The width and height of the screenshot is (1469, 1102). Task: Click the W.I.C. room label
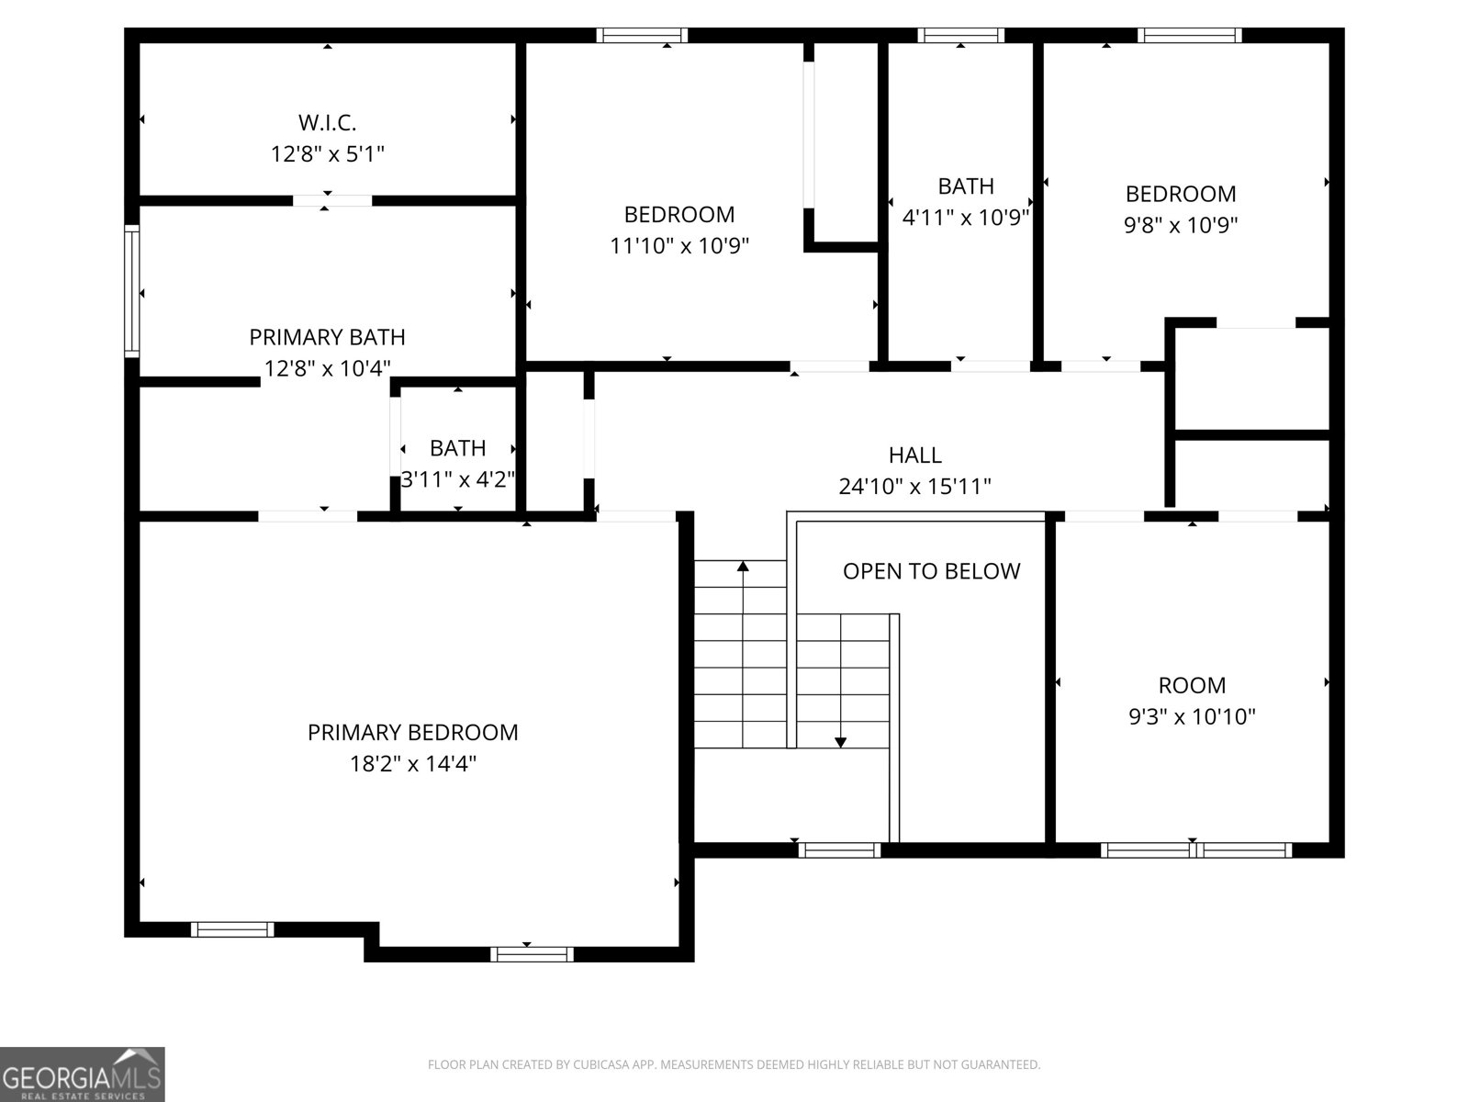[x=327, y=122]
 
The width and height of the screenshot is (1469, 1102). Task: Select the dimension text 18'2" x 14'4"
[x=412, y=764]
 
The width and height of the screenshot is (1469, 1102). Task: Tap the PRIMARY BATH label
[x=327, y=337]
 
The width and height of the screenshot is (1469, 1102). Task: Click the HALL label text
[x=914, y=455]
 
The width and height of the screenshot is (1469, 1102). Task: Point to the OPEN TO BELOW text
[x=931, y=571]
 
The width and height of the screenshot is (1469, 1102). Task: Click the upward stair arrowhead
[x=743, y=567]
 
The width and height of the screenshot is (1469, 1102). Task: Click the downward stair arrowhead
[x=840, y=742]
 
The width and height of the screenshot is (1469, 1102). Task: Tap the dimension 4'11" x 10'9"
[x=966, y=218]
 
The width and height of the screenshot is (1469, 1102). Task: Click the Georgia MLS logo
[x=82, y=1074]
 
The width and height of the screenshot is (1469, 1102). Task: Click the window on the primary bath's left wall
[x=132, y=291]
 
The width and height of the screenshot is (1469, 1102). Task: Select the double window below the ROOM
[x=1195, y=850]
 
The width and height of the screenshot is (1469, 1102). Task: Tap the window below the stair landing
[x=839, y=850]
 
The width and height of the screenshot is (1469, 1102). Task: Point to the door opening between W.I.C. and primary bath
[x=332, y=200]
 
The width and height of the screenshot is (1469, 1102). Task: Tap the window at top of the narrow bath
[x=960, y=36]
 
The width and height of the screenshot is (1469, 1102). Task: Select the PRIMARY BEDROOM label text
[x=412, y=733]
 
